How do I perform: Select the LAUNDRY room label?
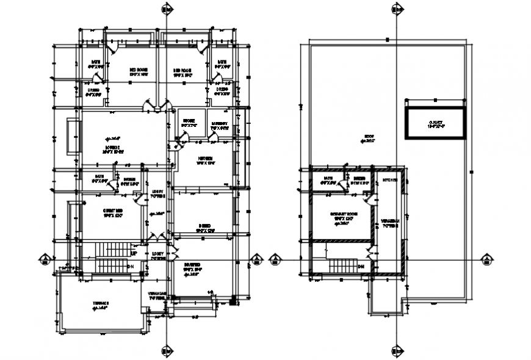(x=220, y=125)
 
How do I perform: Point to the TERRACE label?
(x=101, y=303)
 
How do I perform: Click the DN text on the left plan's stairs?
(x=130, y=267)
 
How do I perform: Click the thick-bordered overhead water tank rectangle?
(x=435, y=124)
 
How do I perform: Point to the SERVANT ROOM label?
(x=343, y=215)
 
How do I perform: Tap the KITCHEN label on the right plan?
(x=389, y=181)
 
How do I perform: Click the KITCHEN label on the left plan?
(x=204, y=159)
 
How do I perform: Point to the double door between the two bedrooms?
(x=156, y=106)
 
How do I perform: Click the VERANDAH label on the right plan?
(x=389, y=221)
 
